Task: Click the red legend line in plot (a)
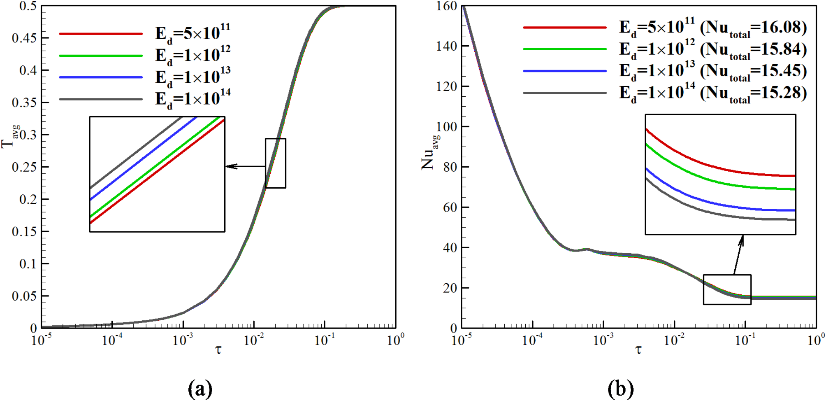click(x=101, y=33)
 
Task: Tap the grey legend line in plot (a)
click(x=101, y=99)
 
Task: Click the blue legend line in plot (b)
click(x=564, y=71)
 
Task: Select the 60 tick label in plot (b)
click(x=450, y=207)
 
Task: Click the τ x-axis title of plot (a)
click(x=218, y=350)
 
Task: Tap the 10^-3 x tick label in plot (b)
click(x=603, y=340)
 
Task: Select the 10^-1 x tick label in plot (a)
click(x=324, y=340)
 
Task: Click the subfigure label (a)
click(x=200, y=388)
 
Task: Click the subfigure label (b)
click(x=620, y=388)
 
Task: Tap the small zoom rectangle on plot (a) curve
click(x=276, y=163)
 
